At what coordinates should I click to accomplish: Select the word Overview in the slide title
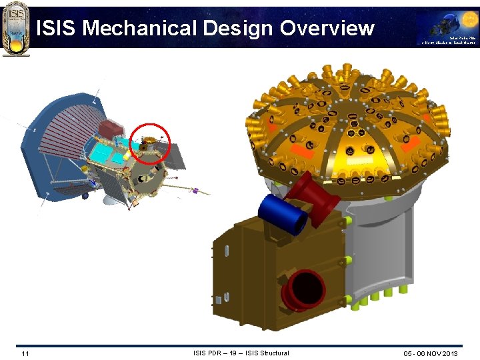pos(327,28)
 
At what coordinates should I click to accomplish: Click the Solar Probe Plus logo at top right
pos(447,29)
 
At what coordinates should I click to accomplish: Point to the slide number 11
pos(25,353)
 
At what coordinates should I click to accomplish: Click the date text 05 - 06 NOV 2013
pos(431,353)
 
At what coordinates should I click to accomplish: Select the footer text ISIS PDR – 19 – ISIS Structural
pos(241,353)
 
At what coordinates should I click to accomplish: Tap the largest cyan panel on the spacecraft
pos(102,153)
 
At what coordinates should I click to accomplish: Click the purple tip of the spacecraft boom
pos(195,191)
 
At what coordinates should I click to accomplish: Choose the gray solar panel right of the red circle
pos(175,157)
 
